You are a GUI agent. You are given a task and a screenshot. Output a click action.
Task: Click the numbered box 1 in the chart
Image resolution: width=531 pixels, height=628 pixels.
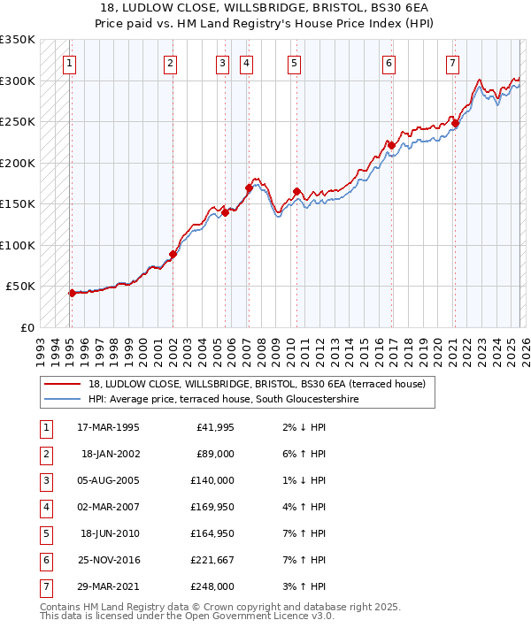coord(69,63)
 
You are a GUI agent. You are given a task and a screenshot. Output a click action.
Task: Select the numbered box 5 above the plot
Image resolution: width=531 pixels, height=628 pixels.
coord(294,63)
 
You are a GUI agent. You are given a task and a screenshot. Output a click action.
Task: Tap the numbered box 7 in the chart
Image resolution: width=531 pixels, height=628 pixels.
coord(452,63)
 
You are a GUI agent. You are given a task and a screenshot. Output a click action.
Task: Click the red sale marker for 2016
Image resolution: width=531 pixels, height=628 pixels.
coord(390,146)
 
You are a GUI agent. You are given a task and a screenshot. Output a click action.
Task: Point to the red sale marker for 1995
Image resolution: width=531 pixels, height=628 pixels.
coord(72,293)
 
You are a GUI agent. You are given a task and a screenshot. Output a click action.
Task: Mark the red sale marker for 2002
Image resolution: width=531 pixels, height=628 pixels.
coord(173,254)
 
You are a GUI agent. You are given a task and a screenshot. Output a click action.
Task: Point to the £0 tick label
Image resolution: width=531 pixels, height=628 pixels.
coord(27,328)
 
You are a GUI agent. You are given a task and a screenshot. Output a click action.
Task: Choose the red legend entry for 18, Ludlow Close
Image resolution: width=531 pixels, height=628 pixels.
coord(257,384)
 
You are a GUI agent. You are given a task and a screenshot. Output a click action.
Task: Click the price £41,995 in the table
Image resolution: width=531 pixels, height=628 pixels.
coord(214,428)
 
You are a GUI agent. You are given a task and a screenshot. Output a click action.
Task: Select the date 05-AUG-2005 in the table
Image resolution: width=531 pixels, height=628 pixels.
coord(107,480)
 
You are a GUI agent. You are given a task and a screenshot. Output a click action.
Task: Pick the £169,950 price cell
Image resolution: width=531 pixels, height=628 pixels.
coord(212,507)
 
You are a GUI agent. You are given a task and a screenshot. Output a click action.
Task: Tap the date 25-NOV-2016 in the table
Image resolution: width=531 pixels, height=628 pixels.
coord(107,560)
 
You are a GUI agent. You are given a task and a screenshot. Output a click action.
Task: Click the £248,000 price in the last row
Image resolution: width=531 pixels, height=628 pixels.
coord(212,586)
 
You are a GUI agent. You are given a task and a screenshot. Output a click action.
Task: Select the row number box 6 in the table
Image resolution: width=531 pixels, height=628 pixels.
coord(45,560)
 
